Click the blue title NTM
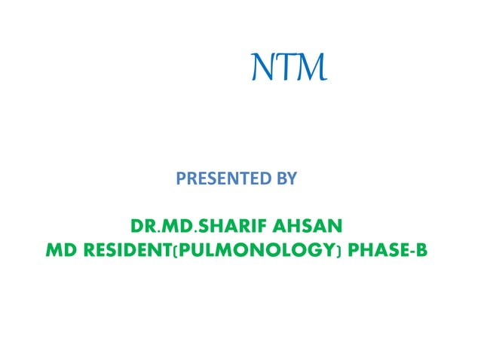289,70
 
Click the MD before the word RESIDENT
60,249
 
